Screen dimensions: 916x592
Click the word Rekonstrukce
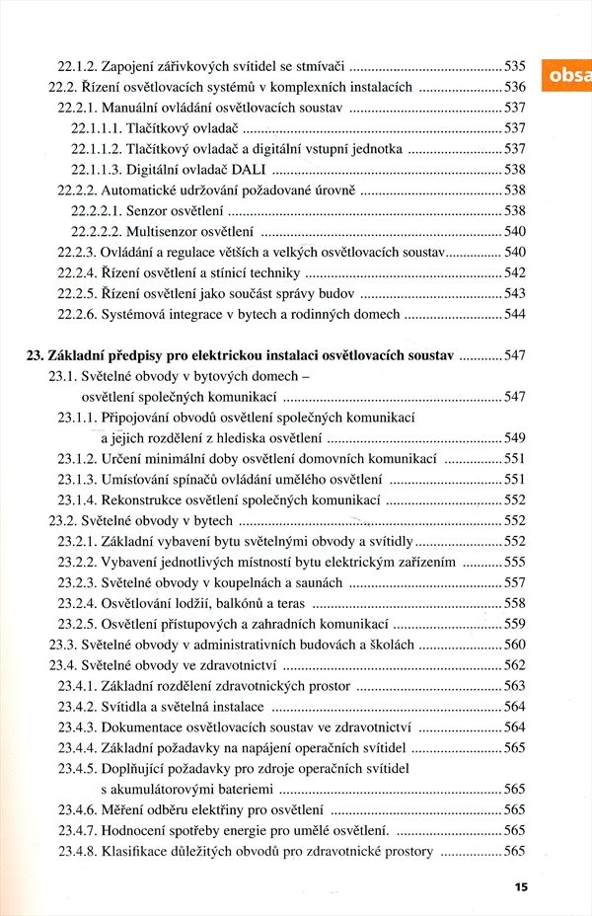[146, 499]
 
